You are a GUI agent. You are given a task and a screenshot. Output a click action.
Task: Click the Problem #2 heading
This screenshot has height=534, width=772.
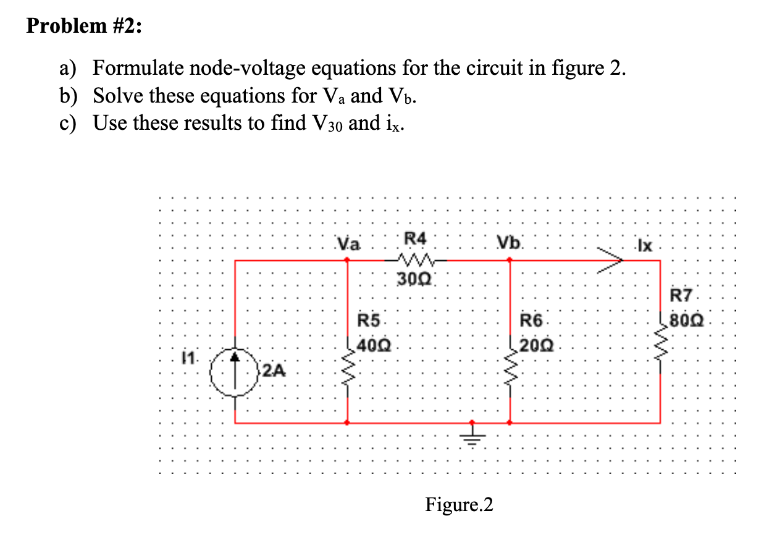(84, 28)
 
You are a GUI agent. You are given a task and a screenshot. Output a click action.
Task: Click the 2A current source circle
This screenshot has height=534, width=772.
(235, 371)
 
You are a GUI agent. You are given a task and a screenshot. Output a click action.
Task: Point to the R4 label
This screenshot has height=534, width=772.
(414, 238)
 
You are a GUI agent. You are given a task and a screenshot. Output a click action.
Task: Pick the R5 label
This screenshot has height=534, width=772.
(370, 321)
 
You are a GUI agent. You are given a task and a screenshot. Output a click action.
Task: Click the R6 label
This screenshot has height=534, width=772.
(531, 321)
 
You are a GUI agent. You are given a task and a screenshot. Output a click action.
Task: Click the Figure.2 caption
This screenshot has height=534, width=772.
(459, 505)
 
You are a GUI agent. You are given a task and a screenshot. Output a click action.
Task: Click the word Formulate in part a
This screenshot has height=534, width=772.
(141, 67)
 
